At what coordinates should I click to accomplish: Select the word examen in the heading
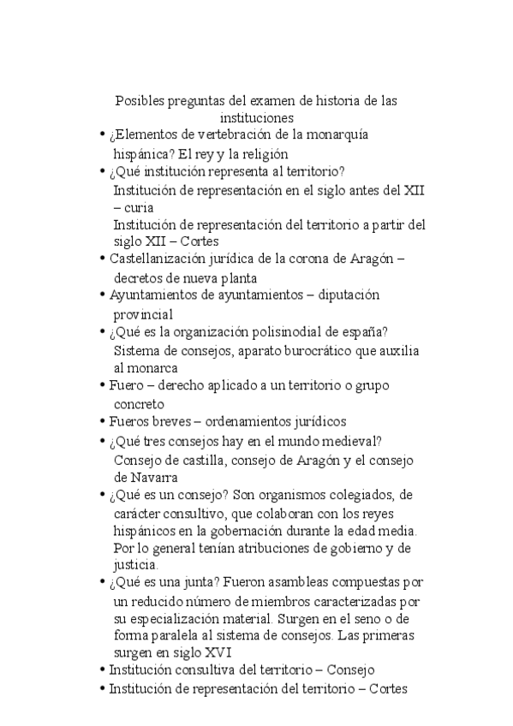pyautogui.click(x=291, y=101)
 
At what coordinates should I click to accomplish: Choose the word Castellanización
pyautogui.click(x=161, y=258)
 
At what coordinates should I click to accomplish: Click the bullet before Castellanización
pyautogui.click(x=104, y=258)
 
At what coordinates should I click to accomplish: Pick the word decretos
pyautogui.click(x=140, y=277)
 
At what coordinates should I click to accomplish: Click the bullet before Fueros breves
pyautogui.click(x=104, y=421)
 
